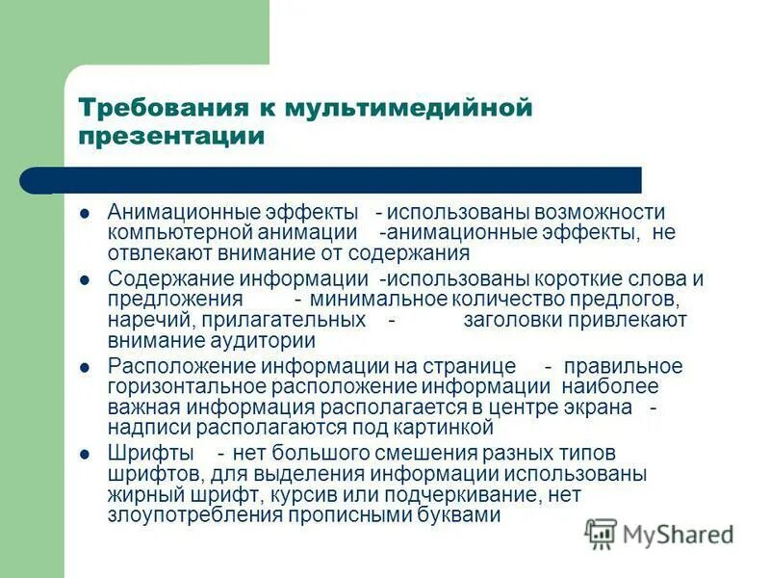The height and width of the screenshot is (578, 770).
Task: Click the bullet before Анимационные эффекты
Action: point(85,212)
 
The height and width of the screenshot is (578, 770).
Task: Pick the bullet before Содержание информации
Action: point(85,279)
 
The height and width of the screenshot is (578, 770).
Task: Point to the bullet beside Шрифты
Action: point(85,453)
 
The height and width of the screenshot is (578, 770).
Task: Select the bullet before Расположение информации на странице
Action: point(85,367)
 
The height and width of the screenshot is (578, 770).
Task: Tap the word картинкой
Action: point(444,428)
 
